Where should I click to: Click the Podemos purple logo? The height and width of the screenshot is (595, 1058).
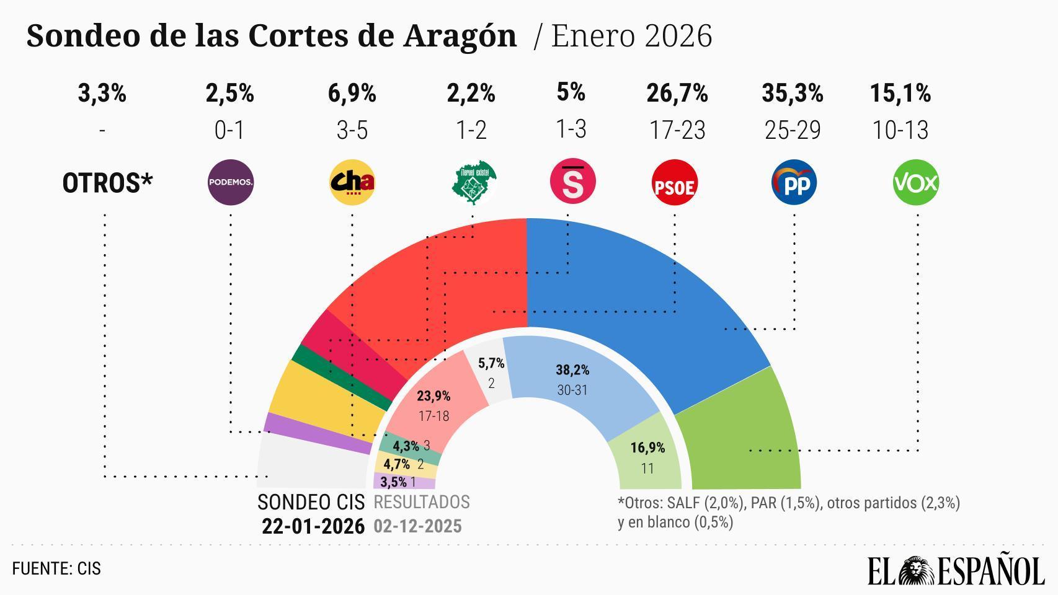[x=231, y=182]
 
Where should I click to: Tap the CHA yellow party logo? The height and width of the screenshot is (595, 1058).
[x=352, y=182]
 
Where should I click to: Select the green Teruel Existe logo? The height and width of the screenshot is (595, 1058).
[x=473, y=183]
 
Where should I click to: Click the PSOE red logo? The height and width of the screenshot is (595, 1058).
[x=675, y=183]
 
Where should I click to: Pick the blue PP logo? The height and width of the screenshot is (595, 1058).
[x=794, y=183]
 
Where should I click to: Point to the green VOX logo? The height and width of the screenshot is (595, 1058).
[x=916, y=183]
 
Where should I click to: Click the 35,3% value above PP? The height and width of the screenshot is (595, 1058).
[x=792, y=94]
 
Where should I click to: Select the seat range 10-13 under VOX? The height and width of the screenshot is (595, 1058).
[x=900, y=130]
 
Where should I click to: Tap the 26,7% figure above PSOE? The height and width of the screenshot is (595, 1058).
[x=677, y=94]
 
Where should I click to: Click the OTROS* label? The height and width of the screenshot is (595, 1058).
[x=107, y=183]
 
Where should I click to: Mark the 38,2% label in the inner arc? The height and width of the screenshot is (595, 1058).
[x=572, y=370]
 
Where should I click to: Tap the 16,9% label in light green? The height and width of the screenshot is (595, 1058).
[x=647, y=447]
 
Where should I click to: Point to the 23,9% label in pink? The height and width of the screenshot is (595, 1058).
[x=433, y=396]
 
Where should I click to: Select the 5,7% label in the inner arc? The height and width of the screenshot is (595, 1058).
[x=491, y=363]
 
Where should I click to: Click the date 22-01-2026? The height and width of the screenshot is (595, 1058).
[x=313, y=526]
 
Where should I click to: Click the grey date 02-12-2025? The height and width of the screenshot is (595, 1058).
[x=417, y=526]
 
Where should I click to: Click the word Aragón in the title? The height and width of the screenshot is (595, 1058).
[x=460, y=36]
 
